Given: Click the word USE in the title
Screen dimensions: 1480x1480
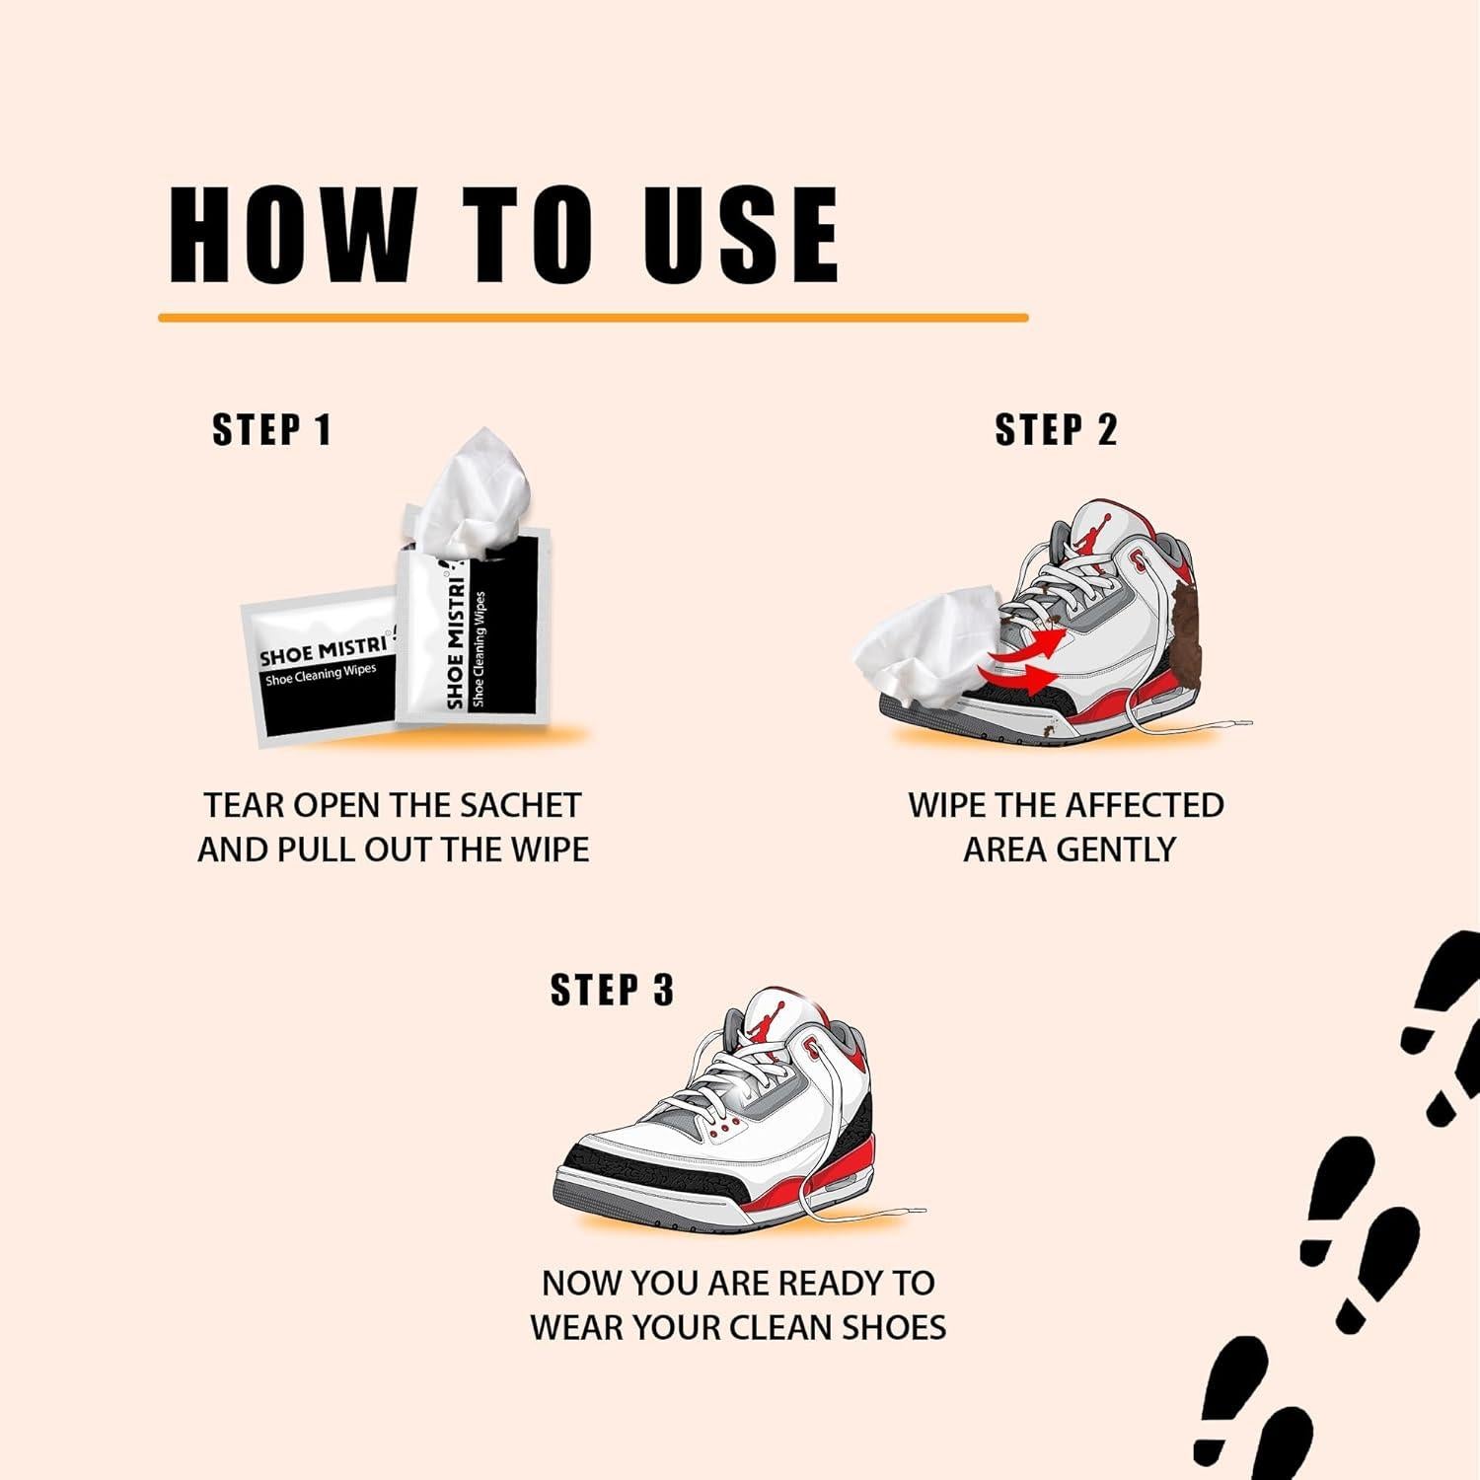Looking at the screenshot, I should (741, 235).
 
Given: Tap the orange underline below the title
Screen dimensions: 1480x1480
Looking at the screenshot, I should (592, 318).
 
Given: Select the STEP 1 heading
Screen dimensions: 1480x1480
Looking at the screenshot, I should (271, 430).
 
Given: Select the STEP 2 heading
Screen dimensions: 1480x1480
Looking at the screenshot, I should (1056, 430).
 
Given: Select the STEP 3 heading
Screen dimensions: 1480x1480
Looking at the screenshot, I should (612, 990).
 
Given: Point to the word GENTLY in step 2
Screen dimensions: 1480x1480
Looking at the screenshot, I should (1120, 850).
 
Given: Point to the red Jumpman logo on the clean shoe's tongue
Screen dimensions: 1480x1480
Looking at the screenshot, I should (764, 1020).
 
